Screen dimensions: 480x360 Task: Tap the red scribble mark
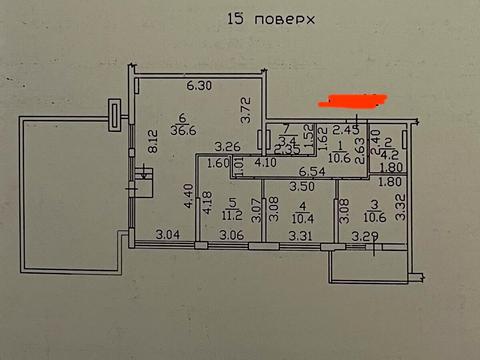point(350,101)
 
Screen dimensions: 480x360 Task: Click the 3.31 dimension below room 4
point(301,236)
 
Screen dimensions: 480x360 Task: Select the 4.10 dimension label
point(265,163)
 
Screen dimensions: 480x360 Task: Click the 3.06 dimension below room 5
point(231,236)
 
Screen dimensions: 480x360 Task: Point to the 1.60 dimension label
point(218,163)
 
